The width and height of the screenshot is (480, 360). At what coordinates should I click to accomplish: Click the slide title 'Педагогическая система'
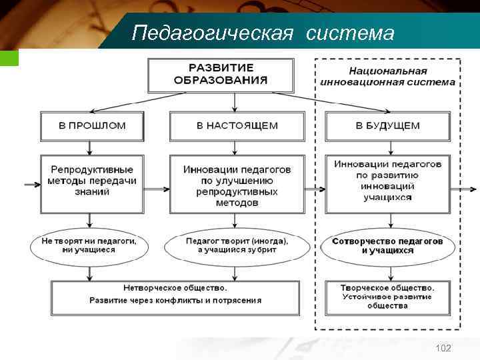263,32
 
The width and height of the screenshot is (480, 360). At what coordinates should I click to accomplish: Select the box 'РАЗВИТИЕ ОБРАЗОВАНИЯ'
221,75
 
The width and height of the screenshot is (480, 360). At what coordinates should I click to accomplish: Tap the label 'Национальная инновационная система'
387,77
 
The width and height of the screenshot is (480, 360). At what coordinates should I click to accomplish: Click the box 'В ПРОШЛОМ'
92,125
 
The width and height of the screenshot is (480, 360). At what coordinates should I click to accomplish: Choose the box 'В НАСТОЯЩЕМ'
237,125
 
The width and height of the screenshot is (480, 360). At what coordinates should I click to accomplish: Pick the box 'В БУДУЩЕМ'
387,125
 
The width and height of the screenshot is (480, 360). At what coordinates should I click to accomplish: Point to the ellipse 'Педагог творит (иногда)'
237,245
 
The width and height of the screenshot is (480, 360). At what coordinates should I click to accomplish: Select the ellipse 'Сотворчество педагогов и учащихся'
387,245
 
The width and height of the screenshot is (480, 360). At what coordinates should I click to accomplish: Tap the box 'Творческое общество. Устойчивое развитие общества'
387,297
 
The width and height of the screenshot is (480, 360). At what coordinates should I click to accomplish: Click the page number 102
443,348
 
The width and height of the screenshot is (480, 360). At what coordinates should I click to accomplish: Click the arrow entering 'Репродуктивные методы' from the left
31,185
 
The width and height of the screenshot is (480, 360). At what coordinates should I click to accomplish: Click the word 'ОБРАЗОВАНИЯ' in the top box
221,81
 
